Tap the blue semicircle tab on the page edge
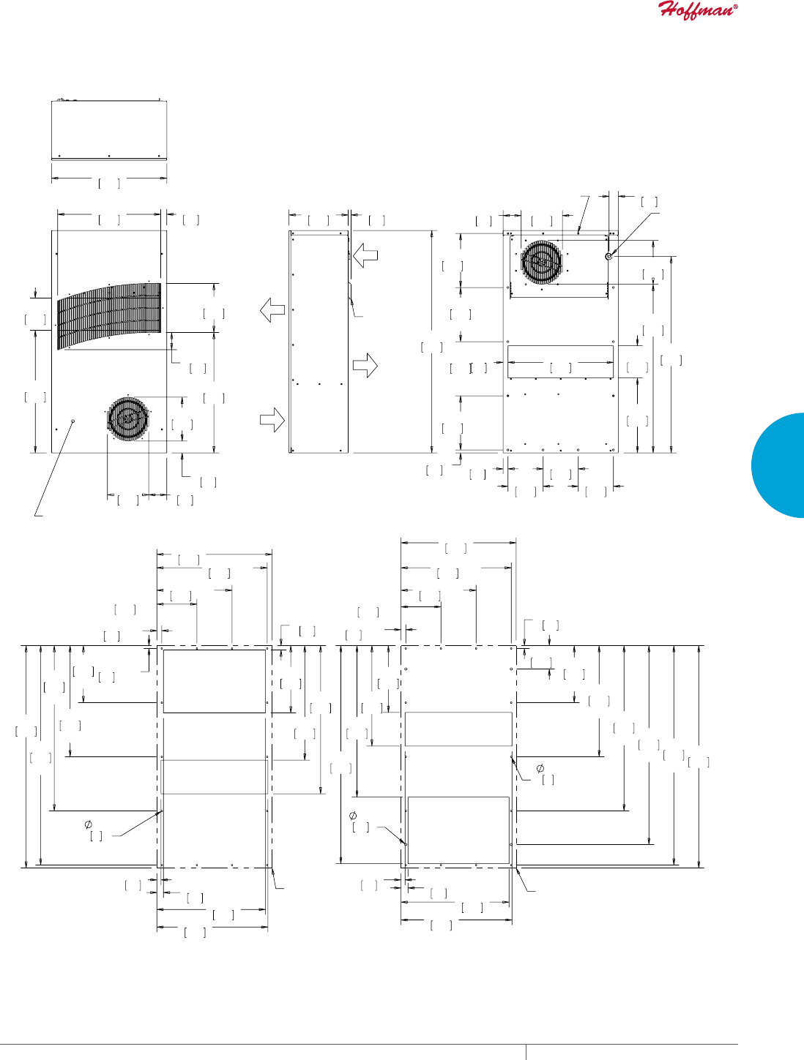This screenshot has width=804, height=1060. (x=781, y=465)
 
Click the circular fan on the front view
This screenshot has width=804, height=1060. (x=128, y=419)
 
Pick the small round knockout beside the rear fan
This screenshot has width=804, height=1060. (x=608, y=256)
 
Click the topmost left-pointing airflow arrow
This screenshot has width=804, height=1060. (x=365, y=256)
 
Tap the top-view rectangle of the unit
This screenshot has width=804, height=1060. (x=109, y=129)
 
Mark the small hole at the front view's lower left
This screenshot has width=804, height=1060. (x=73, y=421)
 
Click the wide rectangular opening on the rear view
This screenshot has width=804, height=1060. (x=560, y=361)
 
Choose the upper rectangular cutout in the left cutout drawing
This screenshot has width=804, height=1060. (x=214, y=680)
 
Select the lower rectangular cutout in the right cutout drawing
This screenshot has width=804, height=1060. (x=458, y=830)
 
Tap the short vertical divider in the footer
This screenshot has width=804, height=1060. (x=526, y=1052)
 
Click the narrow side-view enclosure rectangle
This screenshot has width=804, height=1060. (x=319, y=342)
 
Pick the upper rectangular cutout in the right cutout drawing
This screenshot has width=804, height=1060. (x=458, y=729)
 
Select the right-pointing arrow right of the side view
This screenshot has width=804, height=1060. (x=365, y=364)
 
